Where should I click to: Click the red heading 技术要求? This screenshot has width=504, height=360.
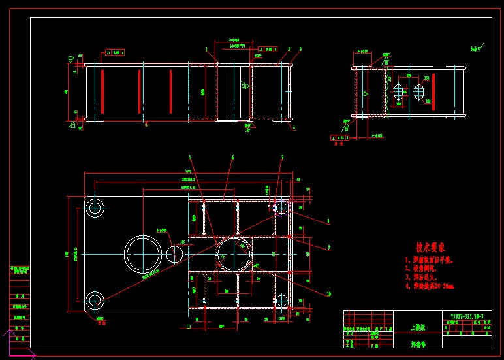point(430,248)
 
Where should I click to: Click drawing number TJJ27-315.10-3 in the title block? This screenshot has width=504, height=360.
point(466,316)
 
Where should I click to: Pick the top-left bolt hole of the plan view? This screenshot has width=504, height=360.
point(95,209)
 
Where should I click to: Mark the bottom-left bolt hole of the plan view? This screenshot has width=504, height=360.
point(95,301)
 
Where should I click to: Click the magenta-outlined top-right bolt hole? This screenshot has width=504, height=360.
point(281,208)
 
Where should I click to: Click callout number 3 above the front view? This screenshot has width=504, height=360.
point(301,49)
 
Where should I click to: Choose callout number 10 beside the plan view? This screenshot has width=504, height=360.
point(328,294)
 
